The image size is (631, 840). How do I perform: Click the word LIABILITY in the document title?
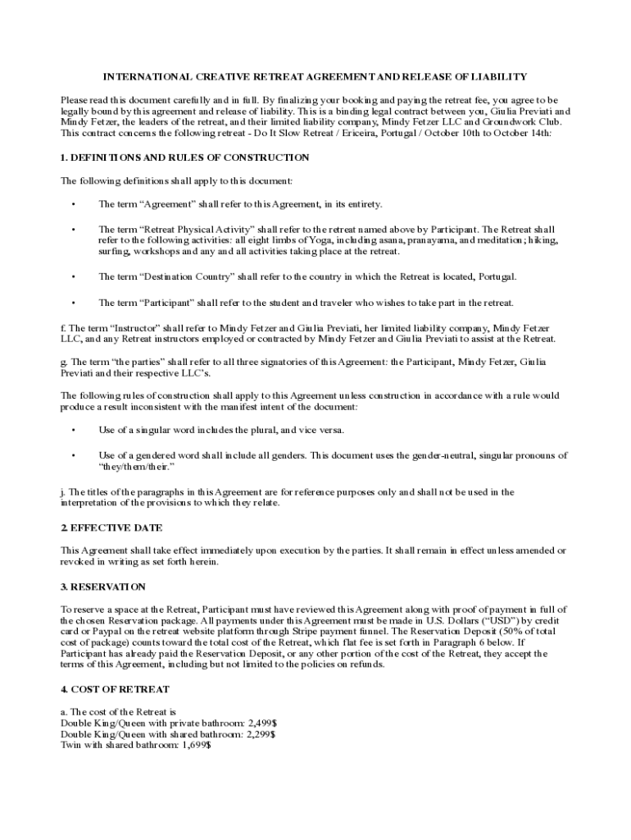coord(498,77)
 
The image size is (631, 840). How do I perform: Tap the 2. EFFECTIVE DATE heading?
coord(111,527)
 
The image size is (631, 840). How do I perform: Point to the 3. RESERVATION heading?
coord(103,587)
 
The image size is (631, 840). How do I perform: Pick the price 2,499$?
coord(264,723)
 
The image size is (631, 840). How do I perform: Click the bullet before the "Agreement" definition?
coord(74,204)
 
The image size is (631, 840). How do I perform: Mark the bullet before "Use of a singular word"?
coord(74,430)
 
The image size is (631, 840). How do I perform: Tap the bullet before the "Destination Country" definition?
coord(74,276)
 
